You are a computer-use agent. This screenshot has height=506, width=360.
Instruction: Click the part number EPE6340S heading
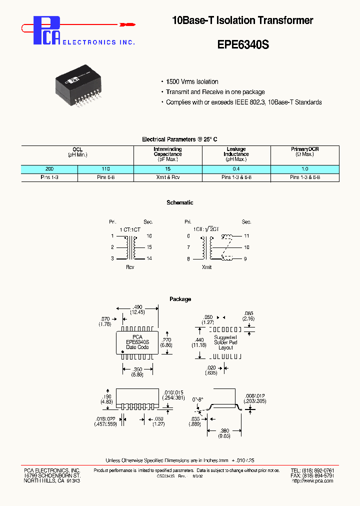243,44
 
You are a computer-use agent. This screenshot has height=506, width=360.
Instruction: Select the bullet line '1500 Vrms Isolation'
192,81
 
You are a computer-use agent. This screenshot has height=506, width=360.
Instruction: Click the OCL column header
77,149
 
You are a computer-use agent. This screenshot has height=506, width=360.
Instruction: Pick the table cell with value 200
49,169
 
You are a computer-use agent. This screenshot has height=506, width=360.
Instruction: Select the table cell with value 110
105,169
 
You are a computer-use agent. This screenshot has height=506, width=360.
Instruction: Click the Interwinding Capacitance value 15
167,169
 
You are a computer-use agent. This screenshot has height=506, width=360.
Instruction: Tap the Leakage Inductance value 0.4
236,169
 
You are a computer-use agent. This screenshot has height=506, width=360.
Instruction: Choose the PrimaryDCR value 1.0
304,169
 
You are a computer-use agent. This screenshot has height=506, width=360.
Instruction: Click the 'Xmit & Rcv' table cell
167,177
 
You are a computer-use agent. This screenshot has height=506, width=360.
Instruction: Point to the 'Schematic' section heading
179,202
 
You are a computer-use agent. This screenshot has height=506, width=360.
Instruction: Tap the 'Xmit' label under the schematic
206,267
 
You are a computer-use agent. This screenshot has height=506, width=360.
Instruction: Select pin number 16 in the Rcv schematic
149,235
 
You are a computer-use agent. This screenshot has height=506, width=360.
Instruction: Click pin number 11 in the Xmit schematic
246,235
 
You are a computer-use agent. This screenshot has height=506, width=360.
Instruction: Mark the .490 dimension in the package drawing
137,307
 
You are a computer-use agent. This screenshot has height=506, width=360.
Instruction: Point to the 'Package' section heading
180,299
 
